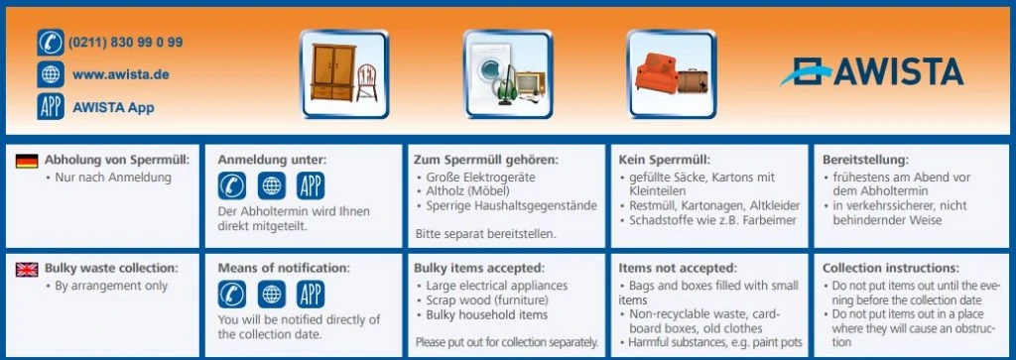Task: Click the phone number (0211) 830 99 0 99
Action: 125,43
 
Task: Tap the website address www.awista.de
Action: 120,74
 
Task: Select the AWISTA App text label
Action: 113,107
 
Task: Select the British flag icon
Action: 28,269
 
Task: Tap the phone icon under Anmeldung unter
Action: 232,186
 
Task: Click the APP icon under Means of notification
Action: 311,295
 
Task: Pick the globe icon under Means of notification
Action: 271,295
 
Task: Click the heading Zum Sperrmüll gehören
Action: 485,160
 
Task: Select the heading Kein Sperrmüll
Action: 664,160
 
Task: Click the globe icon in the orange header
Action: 50,74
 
